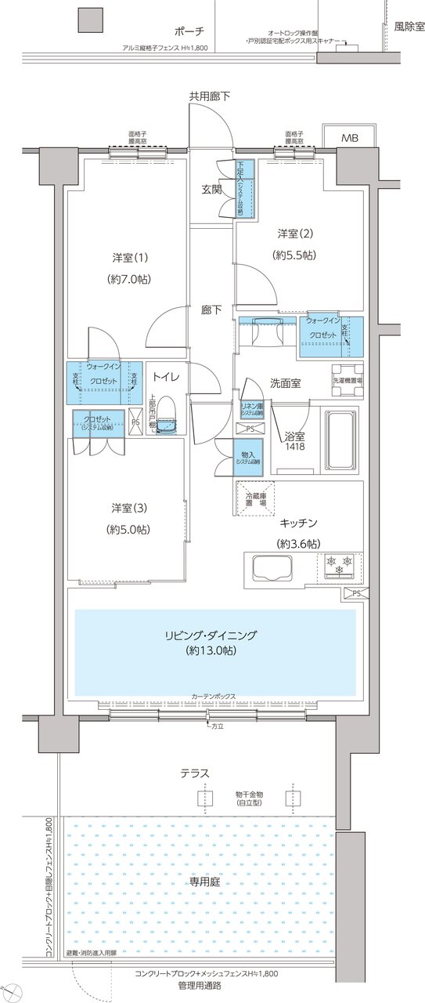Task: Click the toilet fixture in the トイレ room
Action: point(166,422)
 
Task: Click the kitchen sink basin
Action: point(269,567)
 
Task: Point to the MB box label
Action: point(350,139)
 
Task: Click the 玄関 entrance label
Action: point(211,190)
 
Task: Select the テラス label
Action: point(194,773)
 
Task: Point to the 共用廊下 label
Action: point(210,96)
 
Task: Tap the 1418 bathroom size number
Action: point(295,447)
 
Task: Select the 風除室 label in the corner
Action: point(409,27)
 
